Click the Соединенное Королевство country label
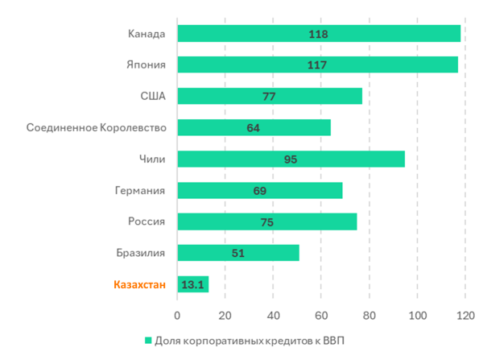(96, 128)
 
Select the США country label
(152, 97)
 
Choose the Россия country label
(146, 222)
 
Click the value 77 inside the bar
(269, 97)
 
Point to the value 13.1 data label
(192, 284)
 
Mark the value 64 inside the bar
(254, 128)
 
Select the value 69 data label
(259, 191)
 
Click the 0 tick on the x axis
(177, 316)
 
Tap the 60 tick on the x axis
(321, 316)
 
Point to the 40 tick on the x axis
(274, 316)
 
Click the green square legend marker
(147, 340)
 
